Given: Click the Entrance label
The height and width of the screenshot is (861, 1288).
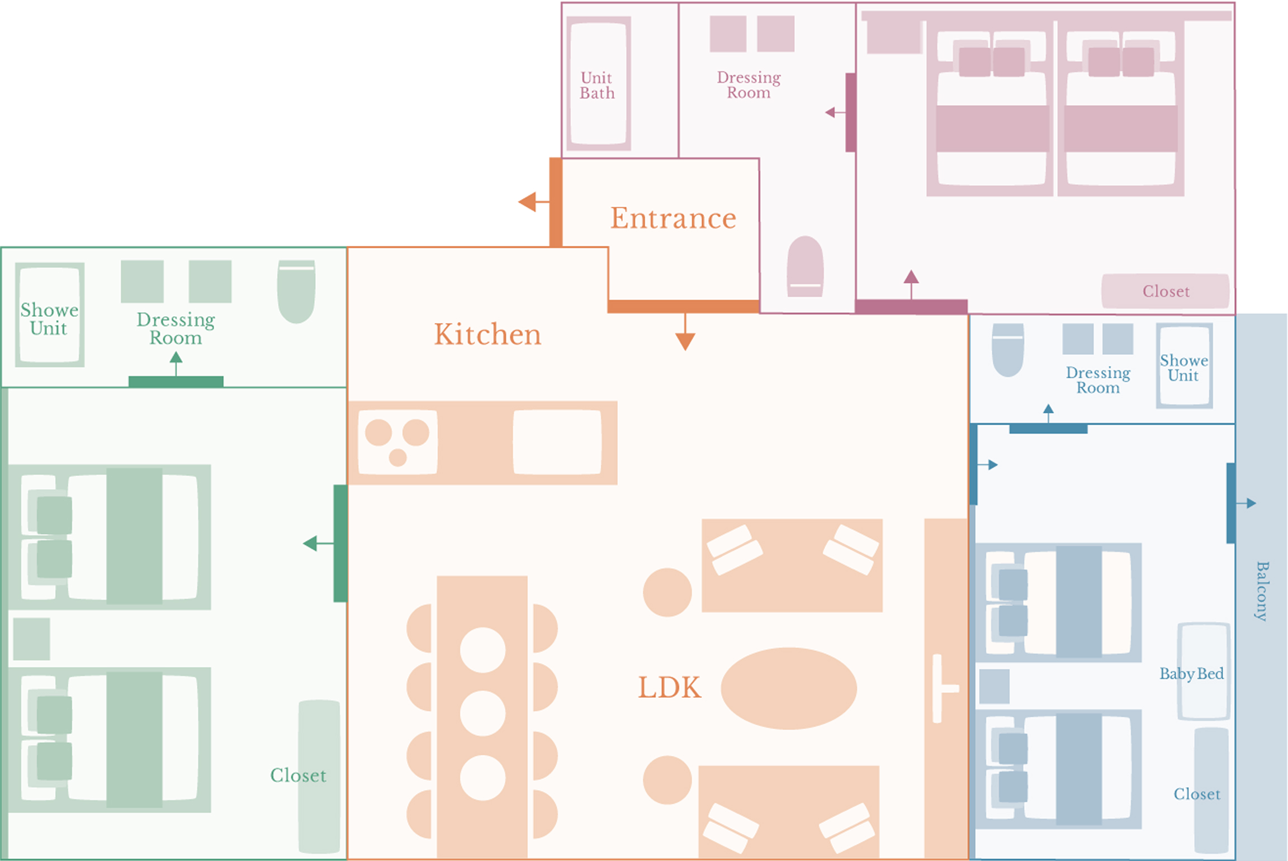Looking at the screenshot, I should tap(673, 218).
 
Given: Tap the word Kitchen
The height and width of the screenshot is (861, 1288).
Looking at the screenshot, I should tap(487, 334).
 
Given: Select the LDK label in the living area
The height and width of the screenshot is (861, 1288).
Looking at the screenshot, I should tap(669, 687).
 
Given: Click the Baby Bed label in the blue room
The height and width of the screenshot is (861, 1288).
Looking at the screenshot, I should tap(1191, 674).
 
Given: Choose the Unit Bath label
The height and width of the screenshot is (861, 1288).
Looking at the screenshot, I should tap(597, 85).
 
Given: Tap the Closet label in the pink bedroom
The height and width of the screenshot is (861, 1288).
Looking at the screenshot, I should tap(1166, 291).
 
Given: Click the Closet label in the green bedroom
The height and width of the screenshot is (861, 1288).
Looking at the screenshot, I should tap(298, 775).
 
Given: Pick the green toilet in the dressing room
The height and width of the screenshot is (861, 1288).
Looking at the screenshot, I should tap(296, 291).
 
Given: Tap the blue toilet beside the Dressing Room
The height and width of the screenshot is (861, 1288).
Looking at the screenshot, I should tap(1007, 349).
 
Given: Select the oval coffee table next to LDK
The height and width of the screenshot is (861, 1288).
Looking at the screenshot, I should tap(788, 688).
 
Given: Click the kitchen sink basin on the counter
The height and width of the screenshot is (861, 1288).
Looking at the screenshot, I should tap(557, 442).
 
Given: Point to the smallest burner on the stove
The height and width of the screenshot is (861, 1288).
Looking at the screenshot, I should tap(397, 458).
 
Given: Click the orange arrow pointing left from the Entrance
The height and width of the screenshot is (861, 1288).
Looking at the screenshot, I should tap(528, 202).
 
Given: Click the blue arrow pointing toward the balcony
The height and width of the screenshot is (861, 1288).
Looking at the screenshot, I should tap(1250, 503).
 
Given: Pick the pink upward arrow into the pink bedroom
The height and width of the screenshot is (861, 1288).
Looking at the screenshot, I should tap(911, 278).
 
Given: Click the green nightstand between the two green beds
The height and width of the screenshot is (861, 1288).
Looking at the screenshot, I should tap(32, 638).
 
